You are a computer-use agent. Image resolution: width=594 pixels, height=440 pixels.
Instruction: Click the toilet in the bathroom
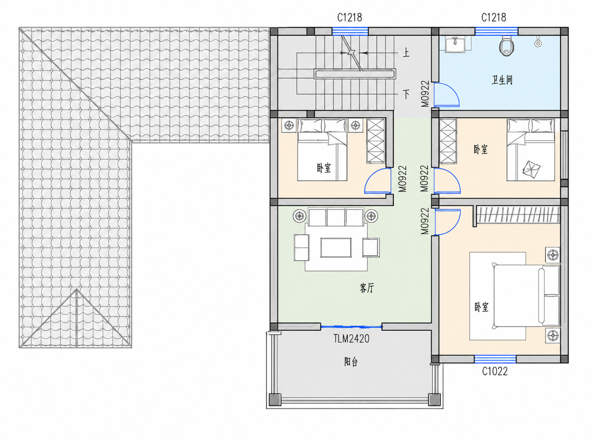[506, 46]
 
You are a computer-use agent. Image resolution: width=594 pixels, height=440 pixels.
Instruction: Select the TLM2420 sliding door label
[351, 339]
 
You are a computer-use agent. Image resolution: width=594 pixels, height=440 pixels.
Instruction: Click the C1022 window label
[495, 371]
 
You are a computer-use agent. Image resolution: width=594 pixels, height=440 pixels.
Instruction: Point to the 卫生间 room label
[502, 80]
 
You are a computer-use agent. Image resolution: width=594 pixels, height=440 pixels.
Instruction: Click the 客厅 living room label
[367, 288]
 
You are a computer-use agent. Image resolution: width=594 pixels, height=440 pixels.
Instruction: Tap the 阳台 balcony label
[351, 362]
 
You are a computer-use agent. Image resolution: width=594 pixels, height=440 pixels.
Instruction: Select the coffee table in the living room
[336, 248]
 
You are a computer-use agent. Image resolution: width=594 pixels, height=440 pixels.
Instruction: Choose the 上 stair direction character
[406, 53]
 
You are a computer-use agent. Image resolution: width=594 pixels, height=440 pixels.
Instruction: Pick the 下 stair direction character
[406, 94]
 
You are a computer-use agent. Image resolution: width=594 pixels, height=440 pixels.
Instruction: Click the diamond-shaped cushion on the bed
[531, 170]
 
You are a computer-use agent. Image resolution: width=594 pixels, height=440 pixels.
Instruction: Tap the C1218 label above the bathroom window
[494, 18]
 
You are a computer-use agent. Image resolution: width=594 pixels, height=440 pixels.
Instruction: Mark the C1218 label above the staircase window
[349, 18]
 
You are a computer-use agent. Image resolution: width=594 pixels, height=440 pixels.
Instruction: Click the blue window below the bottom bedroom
[495, 359]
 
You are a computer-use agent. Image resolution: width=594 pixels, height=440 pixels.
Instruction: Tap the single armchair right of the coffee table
[371, 248]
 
